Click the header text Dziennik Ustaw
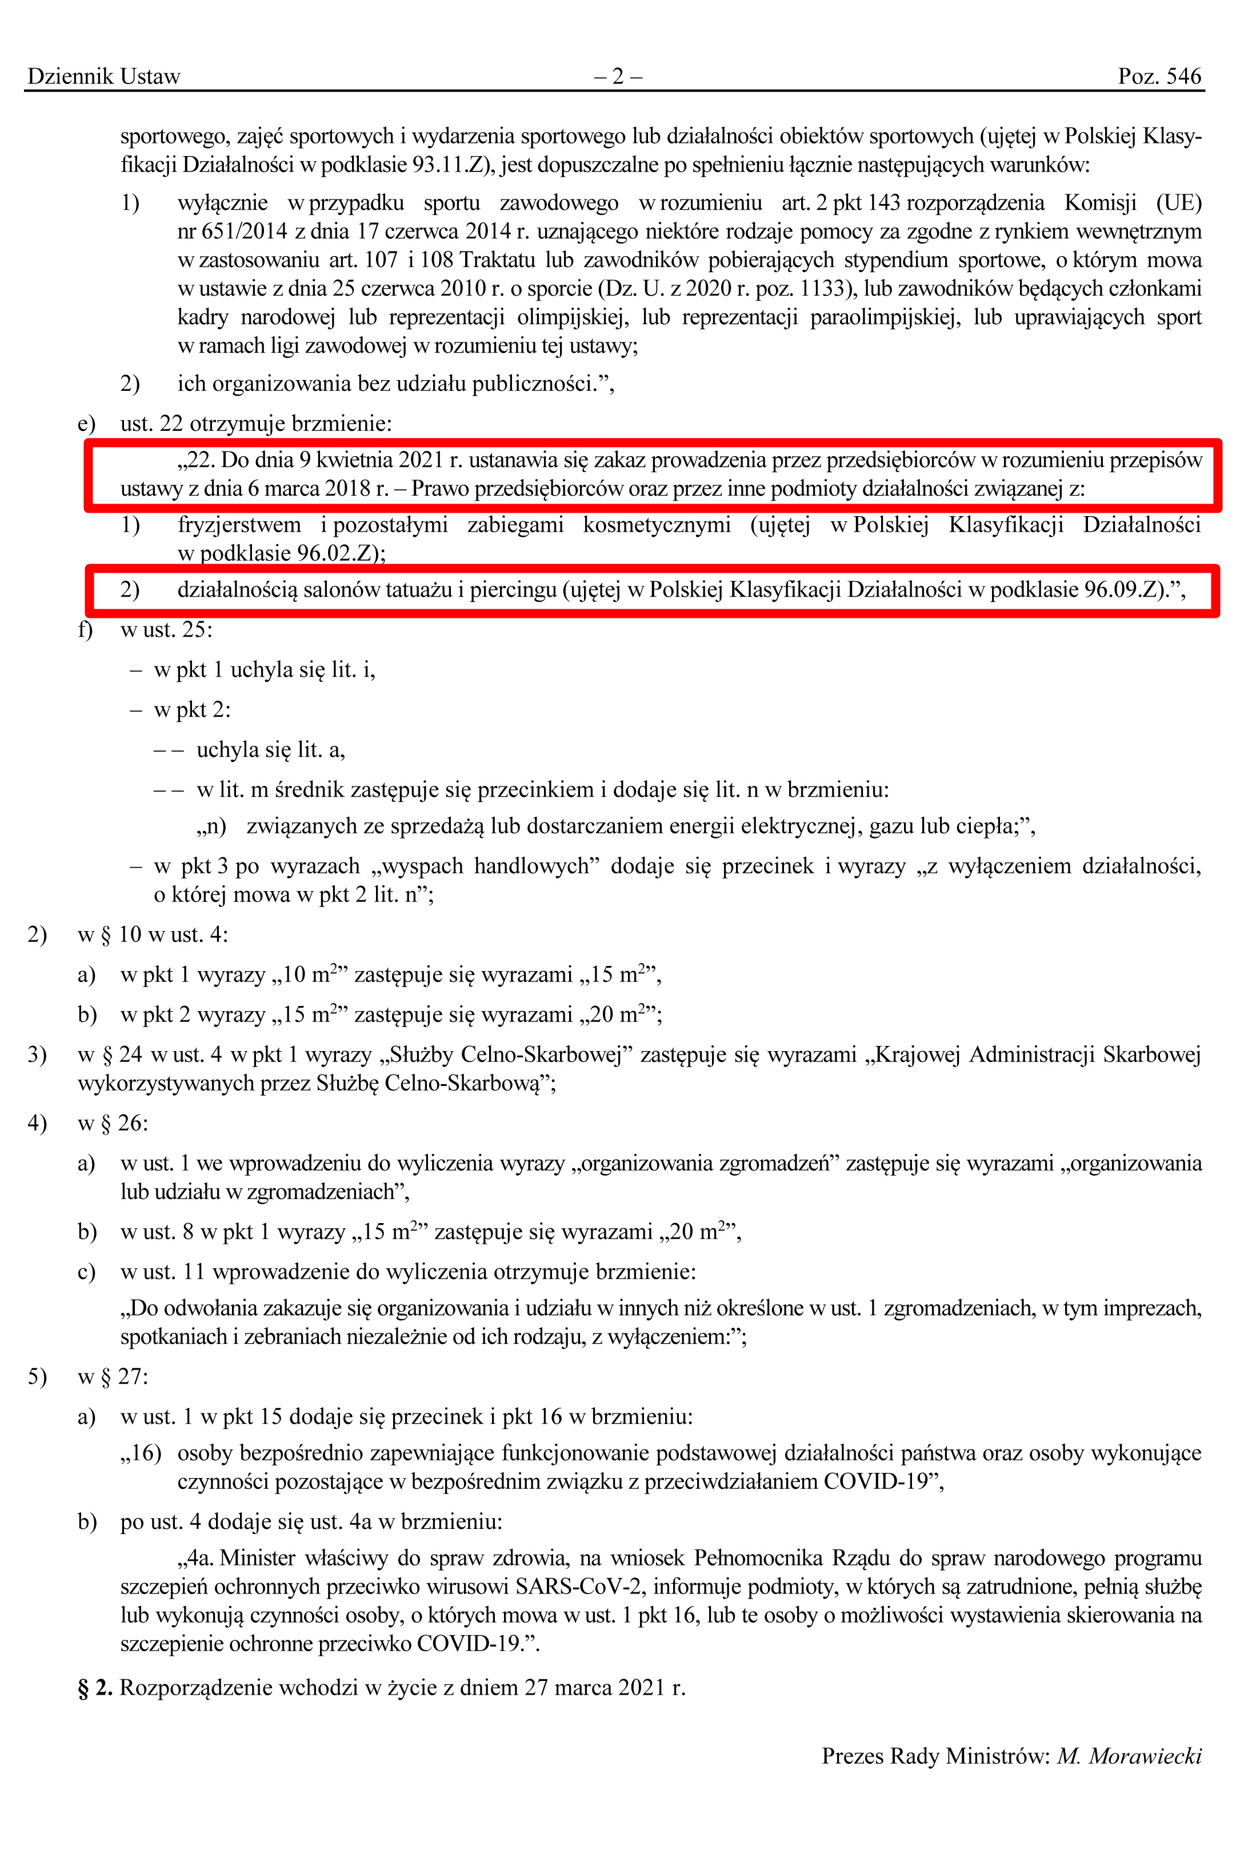(x=103, y=77)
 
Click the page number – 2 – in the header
(x=618, y=77)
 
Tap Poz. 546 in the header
(x=1159, y=77)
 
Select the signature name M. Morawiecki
(x=1129, y=1756)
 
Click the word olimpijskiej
(x=571, y=317)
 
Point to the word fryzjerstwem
(x=239, y=525)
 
